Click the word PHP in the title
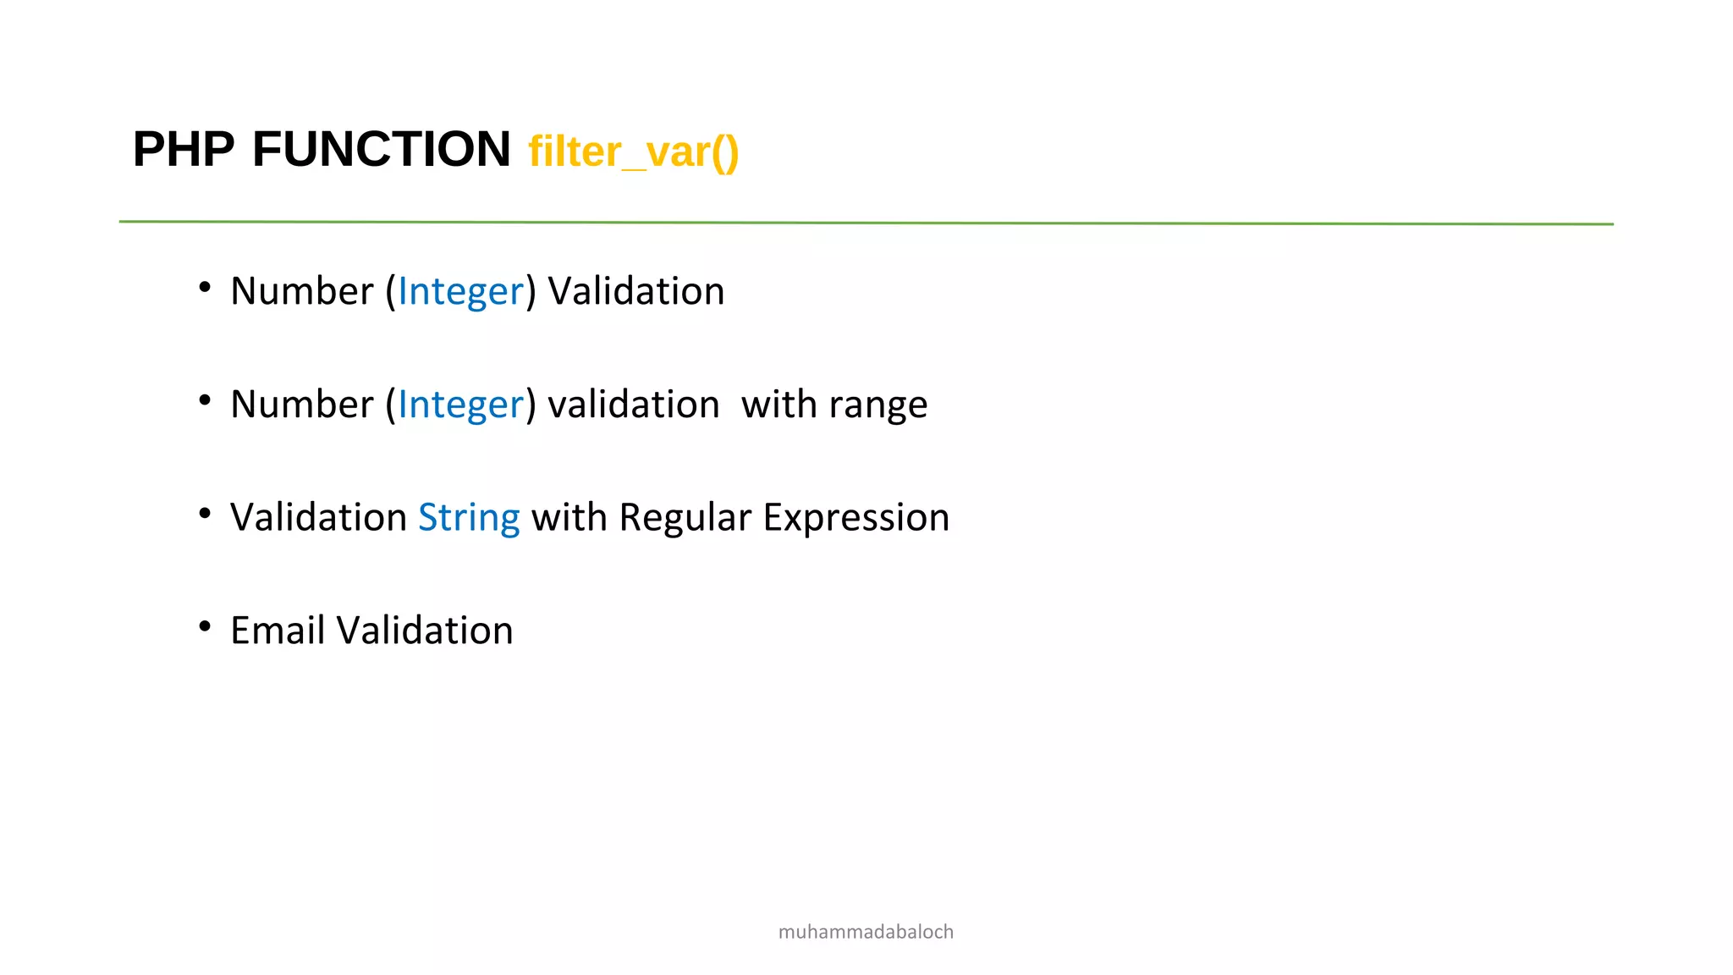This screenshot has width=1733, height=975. click(x=184, y=150)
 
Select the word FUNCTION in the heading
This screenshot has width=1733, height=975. click(x=381, y=150)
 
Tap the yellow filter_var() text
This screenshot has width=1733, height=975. click(x=633, y=152)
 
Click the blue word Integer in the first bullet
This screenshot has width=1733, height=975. click(x=460, y=292)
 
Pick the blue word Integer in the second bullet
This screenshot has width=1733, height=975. click(x=460, y=405)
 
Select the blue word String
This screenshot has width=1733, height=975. click(x=469, y=518)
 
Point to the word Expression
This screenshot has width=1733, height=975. click(x=855, y=518)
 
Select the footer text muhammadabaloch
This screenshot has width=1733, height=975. click(x=866, y=932)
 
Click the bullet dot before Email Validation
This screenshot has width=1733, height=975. click(x=205, y=626)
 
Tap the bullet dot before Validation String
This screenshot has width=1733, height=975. click(x=205, y=513)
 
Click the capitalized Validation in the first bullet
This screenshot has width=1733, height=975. click(x=635, y=292)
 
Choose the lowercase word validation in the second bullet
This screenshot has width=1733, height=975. click(x=633, y=405)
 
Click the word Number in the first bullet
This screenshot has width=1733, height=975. click(x=301, y=292)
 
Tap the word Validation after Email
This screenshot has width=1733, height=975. click(x=424, y=631)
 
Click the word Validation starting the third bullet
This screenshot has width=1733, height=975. click(x=318, y=518)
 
